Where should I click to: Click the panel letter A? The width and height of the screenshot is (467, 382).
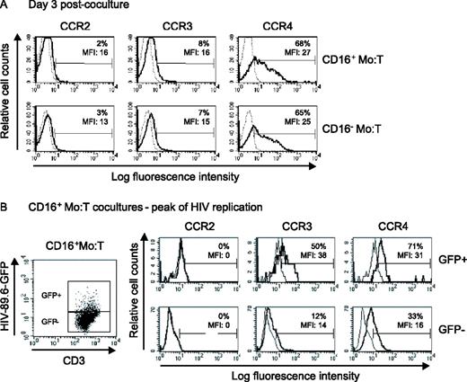(x=6, y=8)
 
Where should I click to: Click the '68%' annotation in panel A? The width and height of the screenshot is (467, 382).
(x=292, y=42)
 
